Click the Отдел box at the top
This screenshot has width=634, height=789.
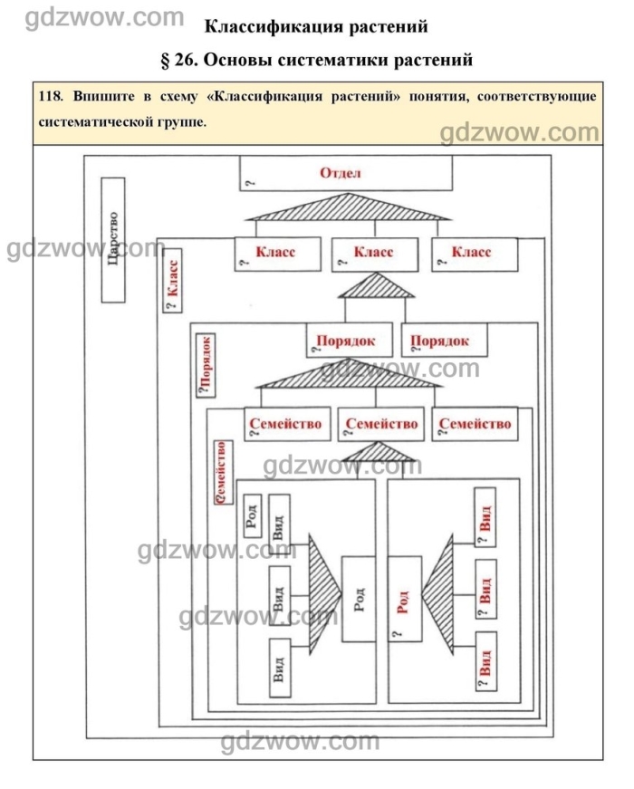coord(345,173)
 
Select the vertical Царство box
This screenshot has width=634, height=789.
coord(112,239)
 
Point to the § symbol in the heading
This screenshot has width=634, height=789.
coord(165,61)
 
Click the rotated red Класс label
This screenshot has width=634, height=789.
coord(172,285)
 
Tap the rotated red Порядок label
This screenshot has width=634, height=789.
coord(207,364)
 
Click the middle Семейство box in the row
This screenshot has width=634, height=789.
coord(380,424)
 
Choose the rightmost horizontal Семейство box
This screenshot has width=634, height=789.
coord(472,424)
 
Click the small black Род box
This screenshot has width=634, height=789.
coord(253,515)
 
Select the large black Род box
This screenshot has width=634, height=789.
coord(358,599)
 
